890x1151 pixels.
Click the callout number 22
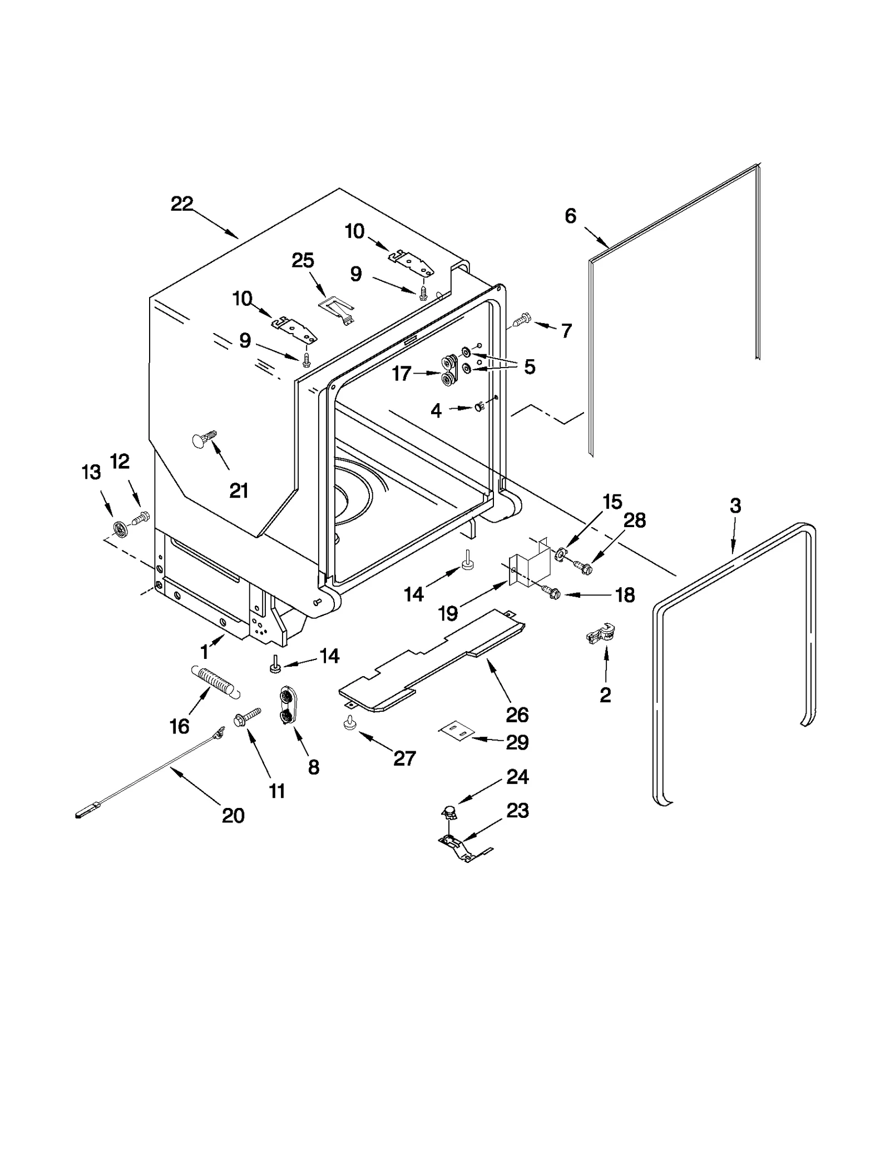(181, 204)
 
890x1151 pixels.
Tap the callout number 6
(570, 216)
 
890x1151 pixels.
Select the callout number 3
(735, 505)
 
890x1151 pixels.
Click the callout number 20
(233, 816)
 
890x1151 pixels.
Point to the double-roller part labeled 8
(288, 706)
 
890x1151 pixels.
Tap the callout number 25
(303, 260)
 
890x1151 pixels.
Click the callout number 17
(402, 374)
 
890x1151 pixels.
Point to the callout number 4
(436, 411)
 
